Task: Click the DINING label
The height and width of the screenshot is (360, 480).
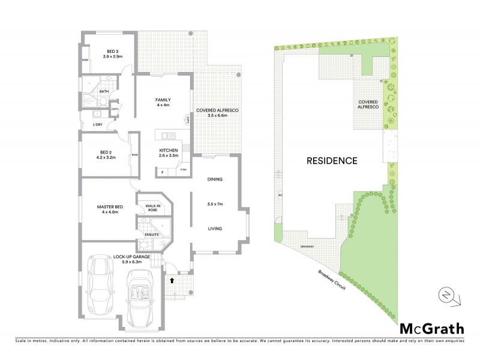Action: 215,179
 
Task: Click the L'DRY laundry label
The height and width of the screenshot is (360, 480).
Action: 98,125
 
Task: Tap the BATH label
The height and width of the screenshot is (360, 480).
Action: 104,92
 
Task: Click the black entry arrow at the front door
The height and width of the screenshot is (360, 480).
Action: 173,279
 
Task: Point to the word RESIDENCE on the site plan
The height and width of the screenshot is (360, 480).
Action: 332,161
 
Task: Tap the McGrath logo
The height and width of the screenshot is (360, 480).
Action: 431,328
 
